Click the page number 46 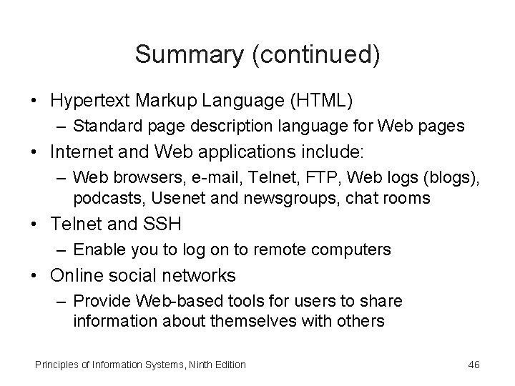(473, 365)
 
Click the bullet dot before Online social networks (36, 274)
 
